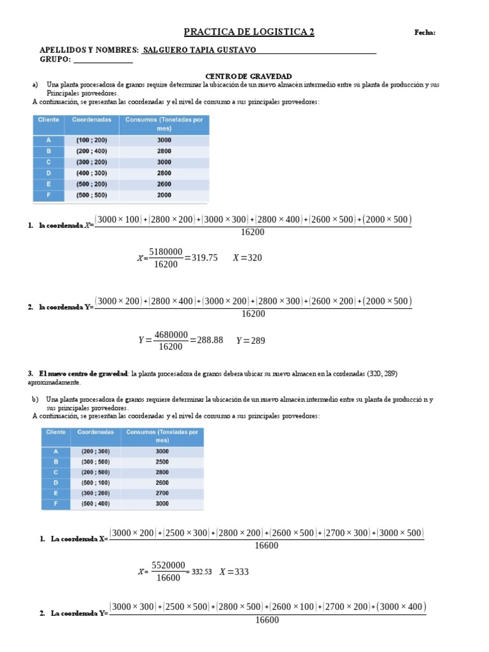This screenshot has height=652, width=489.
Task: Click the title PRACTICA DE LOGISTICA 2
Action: point(249,32)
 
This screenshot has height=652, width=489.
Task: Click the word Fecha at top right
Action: point(425,32)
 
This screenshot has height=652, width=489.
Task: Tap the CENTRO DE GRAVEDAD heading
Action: point(248,76)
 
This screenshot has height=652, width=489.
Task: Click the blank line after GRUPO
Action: point(103,60)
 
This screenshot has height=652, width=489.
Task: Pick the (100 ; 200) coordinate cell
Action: point(92,140)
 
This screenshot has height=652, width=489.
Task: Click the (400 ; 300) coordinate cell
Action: point(92,173)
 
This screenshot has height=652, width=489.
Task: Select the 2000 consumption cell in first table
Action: point(164,195)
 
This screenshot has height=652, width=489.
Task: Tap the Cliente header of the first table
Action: point(48,120)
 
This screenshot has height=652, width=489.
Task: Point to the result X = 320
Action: point(248,258)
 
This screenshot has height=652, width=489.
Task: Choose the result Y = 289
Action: point(250,340)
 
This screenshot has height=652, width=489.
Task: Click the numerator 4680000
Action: point(171,334)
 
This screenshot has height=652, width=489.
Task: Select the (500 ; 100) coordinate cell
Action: point(96,483)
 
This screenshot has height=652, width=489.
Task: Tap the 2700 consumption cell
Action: point(162,493)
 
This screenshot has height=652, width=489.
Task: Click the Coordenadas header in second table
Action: point(96,432)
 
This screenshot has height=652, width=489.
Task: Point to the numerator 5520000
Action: point(169,564)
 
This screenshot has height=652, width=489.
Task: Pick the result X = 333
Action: point(234,572)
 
